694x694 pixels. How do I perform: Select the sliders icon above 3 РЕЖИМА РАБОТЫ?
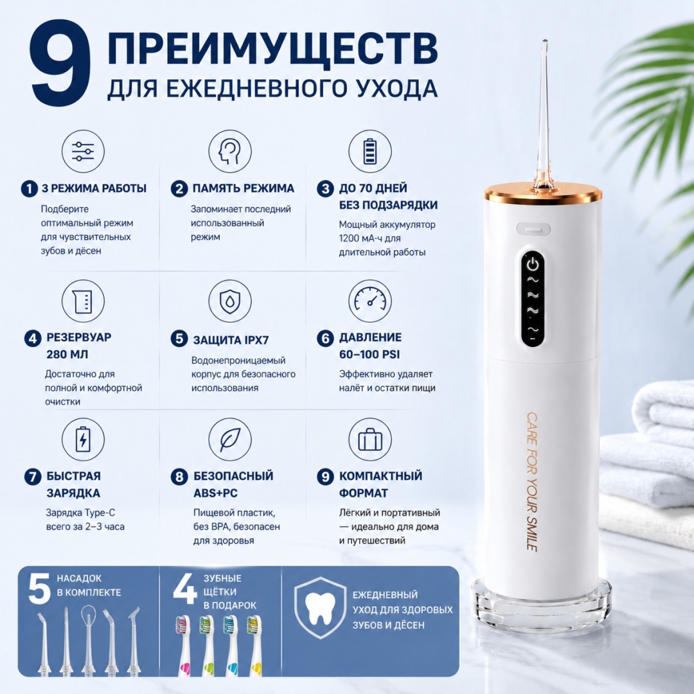point(83,152)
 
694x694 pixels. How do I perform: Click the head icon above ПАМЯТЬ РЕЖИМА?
point(229,152)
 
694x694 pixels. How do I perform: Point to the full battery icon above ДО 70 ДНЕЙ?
point(370,152)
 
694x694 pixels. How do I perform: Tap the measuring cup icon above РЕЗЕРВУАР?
point(83,301)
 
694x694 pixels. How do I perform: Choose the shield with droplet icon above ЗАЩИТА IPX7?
point(229,301)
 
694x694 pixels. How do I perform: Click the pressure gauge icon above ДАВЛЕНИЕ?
point(370,301)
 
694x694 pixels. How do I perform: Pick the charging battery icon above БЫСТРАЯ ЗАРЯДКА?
point(83,440)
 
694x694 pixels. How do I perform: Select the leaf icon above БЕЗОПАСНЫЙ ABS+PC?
point(229,440)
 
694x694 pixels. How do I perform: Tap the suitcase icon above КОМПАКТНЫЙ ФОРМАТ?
point(370,440)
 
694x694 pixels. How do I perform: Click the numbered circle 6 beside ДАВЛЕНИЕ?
point(325,339)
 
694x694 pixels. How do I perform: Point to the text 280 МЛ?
point(67,355)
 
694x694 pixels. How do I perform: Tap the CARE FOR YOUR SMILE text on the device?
point(531,482)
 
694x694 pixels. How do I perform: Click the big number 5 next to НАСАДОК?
point(39,589)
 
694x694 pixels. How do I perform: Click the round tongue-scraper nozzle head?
point(89,615)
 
